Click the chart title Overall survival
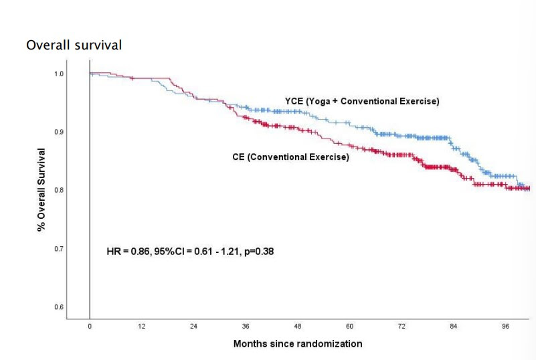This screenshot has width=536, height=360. [74, 46]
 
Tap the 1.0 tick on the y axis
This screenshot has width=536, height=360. [60, 73]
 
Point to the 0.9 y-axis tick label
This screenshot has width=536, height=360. [60, 132]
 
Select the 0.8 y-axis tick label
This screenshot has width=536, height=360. [60, 190]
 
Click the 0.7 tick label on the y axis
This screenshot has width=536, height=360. [60, 248]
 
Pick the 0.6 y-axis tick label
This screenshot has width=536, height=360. [60, 307]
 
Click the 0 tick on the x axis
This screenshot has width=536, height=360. [90, 327]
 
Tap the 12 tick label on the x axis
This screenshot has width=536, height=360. [142, 327]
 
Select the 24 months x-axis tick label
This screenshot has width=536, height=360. [193, 327]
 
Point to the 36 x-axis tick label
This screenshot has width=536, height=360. [246, 327]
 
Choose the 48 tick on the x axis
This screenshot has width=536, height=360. [298, 327]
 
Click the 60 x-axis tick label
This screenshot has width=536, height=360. [349, 327]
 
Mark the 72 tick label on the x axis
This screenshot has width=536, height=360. [401, 327]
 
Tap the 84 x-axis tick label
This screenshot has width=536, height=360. [454, 327]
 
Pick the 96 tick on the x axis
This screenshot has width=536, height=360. [505, 327]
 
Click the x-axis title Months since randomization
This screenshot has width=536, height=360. [298, 344]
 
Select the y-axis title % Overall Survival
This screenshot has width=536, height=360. [41, 190]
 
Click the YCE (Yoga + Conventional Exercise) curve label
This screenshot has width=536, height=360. [362, 101]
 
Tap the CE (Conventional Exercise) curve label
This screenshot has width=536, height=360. [290, 157]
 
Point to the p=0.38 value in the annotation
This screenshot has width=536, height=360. [258, 252]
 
